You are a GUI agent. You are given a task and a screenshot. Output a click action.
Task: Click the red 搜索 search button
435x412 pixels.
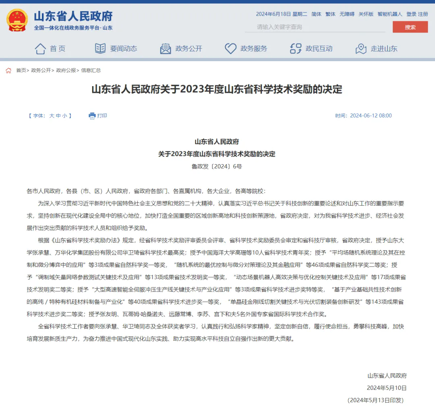[x=410, y=27]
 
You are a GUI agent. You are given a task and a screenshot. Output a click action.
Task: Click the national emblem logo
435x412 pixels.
[x=17, y=20]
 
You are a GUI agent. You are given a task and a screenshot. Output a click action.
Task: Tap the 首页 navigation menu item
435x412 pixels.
[x=50, y=49]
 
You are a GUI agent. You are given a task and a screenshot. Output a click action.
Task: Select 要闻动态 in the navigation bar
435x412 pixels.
[x=116, y=49]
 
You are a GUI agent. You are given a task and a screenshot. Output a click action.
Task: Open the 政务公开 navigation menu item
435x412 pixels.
[x=181, y=49]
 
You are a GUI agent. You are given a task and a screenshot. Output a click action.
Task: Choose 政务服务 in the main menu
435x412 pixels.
[x=246, y=49]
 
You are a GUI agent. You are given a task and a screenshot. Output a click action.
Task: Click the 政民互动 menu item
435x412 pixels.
[x=311, y=49]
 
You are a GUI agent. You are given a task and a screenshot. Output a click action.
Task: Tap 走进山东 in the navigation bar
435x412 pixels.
[x=377, y=49]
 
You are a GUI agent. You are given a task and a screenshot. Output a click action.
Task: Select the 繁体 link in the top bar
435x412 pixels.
[x=330, y=14]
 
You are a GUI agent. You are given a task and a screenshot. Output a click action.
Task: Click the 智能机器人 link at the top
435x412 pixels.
[x=389, y=14]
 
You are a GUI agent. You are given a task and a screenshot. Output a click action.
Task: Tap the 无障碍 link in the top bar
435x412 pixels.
[x=347, y=14]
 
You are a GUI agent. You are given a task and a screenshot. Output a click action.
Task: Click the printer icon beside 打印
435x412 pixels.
[x=92, y=116]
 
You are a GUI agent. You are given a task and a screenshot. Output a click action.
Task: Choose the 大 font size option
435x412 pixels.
[x=52, y=116]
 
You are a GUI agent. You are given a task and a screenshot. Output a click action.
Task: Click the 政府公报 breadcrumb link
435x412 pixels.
[x=66, y=70]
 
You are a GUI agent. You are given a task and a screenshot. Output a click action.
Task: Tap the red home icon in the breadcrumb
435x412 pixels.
[x=8, y=70]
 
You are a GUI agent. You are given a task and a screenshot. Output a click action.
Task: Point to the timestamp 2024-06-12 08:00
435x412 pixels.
[x=371, y=116]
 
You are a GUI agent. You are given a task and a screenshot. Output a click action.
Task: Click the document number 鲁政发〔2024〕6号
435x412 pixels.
[x=217, y=166]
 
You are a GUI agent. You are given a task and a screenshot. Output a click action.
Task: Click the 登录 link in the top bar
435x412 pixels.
[x=411, y=14]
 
